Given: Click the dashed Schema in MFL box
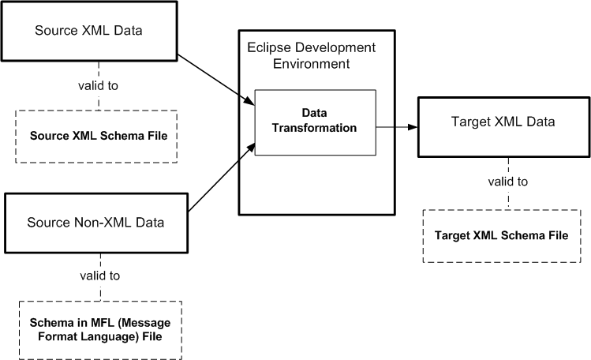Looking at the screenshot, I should click(x=99, y=329).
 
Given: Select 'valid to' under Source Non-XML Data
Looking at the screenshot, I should click(x=99, y=276).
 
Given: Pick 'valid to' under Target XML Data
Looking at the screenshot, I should click(x=507, y=182).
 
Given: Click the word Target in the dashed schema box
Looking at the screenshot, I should click(x=452, y=235).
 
